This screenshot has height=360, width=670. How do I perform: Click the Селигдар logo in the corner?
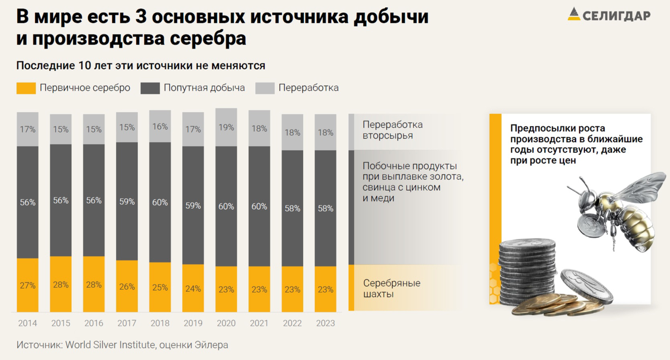pos(609,15)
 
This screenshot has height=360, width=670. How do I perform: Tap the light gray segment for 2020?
pos(226,127)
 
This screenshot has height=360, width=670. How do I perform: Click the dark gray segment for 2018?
pos(160,202)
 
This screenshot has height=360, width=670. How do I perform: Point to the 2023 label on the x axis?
pos(325,323)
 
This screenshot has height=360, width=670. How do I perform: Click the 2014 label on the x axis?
pos(27,323)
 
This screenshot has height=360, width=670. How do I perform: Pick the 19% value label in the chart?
pos(226,127)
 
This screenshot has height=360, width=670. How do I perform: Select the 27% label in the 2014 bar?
pos(27,285)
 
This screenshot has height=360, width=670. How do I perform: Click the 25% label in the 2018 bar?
pos(160,287)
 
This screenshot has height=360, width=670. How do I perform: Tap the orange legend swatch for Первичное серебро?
pos(26,88)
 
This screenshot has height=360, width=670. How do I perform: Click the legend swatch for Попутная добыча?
pos(151,88)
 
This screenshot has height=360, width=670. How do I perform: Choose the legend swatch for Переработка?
pos(265,88)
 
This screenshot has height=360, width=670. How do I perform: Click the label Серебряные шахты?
pos(391,288)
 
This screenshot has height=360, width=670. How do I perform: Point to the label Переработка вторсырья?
pos(393,130)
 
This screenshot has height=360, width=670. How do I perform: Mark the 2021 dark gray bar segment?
pos(259,207)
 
